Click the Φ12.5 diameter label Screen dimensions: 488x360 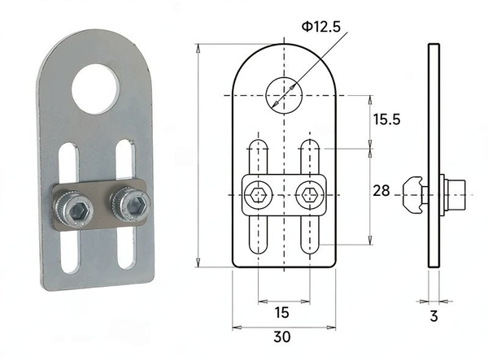pos(321,27)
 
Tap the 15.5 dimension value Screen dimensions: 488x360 pos(386,119)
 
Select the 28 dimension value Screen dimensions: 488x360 pos(381,191)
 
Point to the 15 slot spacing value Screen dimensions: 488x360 pos(281,312)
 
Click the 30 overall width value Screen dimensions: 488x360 pos(282,336)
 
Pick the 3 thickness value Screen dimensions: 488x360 pos(434,316)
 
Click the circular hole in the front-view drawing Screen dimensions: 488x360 pos(284,95)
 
